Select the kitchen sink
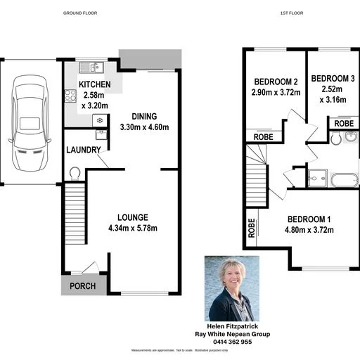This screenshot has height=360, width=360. [x=91, y=68]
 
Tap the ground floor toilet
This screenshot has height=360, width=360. [x=74, y=172]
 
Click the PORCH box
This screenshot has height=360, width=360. [x=83, y=285]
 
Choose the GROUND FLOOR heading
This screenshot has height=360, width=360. [x=80, y=13]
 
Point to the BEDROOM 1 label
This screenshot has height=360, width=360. [x=310, y=218]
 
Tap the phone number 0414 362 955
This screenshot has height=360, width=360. [x=231, y=342]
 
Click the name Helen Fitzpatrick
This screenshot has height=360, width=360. [x=231, y=327]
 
